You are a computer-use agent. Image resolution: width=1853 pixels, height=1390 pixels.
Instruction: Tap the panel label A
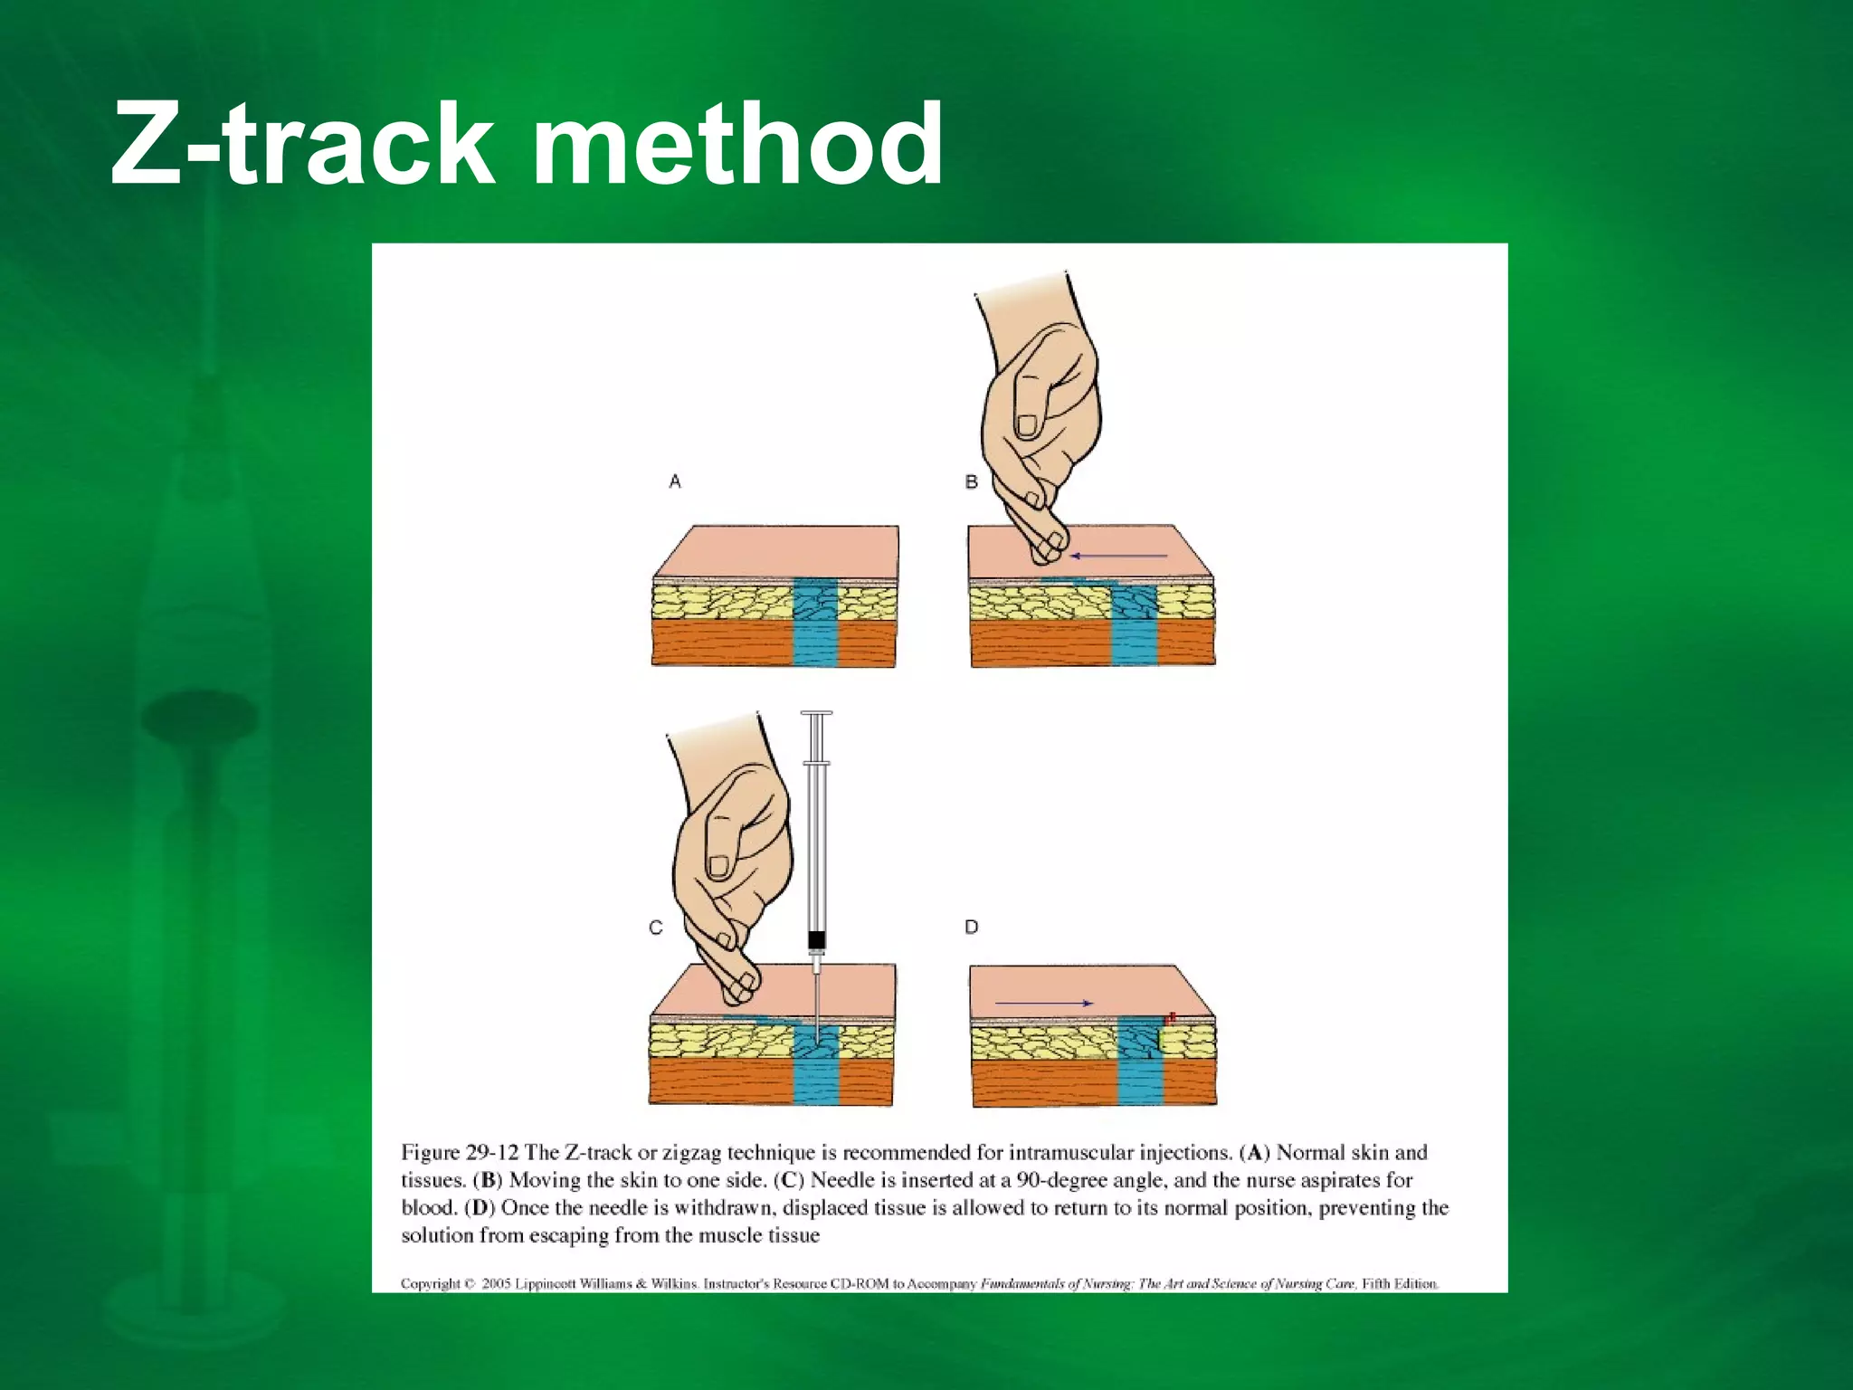point(675,481)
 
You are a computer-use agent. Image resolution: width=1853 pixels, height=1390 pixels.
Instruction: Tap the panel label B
point(972,481)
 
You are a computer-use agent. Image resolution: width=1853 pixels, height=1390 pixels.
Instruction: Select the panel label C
point(656,928)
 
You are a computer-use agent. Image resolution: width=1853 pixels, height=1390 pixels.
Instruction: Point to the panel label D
point(972,927)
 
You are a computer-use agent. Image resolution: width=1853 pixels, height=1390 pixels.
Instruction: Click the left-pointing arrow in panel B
point(1118,556)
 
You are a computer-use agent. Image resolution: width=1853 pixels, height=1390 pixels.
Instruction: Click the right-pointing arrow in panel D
point(1044,1003)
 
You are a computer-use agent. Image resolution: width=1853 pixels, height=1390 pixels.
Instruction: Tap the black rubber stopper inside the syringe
point(816,940)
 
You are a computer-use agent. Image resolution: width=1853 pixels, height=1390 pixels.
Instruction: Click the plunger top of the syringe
point(816,714)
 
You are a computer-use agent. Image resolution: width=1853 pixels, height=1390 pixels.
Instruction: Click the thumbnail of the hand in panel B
point(1028,424)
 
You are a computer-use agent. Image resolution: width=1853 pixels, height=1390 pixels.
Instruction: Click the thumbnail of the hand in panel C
point(719,866)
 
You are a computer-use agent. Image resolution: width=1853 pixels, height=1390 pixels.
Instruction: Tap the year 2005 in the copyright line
point(496,1283)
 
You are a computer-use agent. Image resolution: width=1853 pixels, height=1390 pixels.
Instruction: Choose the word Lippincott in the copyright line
point(546,1283)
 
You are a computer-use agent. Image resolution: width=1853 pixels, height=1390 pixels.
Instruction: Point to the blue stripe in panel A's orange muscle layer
point(816,643)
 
